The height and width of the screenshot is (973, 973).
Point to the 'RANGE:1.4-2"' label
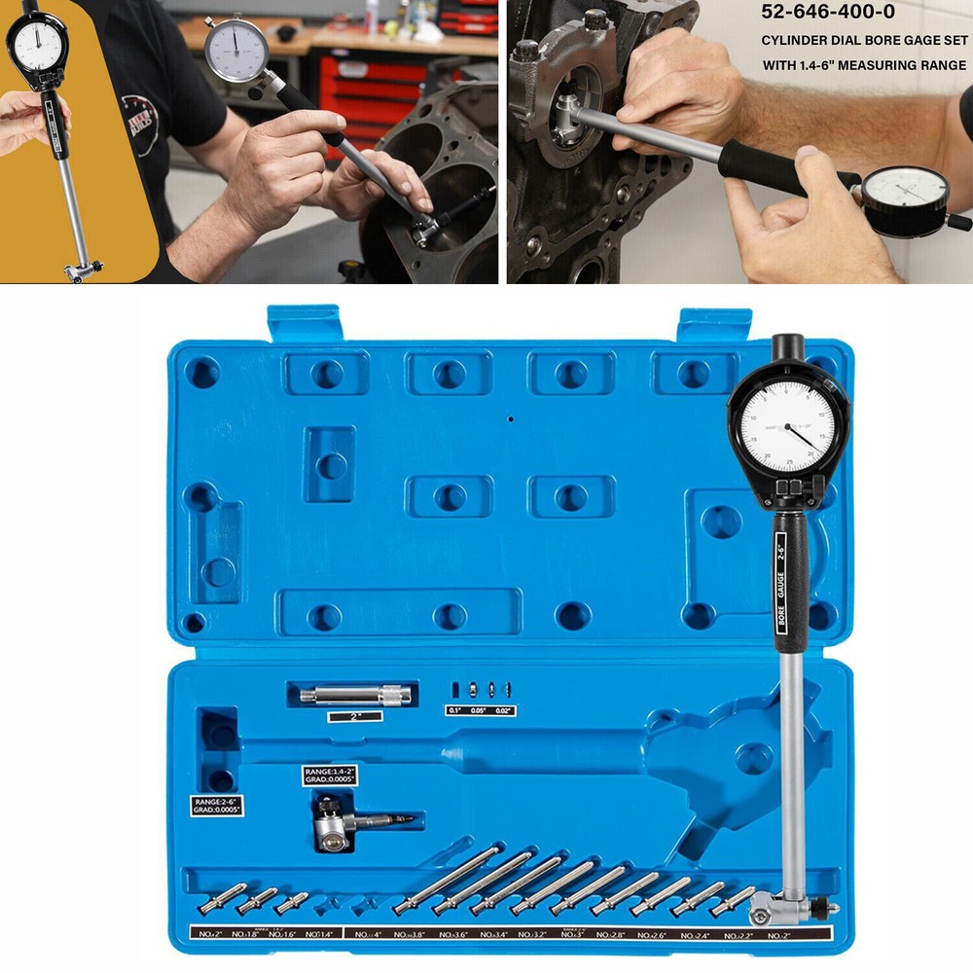coord(331,775)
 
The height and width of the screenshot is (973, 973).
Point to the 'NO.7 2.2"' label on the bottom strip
coord(738,935)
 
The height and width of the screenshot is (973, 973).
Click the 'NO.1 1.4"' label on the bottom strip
coord(317,935)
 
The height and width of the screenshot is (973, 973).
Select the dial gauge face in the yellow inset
coord(37,42)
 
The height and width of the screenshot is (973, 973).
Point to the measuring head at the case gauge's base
coord(779,913)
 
